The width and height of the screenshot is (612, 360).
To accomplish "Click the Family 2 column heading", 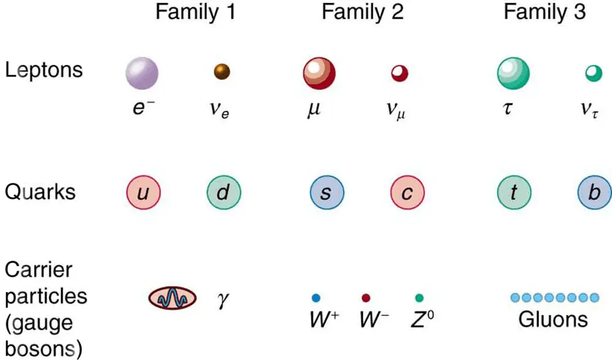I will coord(362,12).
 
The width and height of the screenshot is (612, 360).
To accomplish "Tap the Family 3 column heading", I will coord(545,12).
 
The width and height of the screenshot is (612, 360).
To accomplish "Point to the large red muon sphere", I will coord(319,73).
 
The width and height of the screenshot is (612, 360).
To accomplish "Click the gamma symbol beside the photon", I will coord(223,300).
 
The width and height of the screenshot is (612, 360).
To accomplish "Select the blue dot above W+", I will coord(316,298).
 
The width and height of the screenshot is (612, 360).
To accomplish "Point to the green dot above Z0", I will coord(419,298).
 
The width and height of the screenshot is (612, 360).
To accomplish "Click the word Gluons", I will coord(553,319).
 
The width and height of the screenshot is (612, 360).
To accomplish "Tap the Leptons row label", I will coord(43,69).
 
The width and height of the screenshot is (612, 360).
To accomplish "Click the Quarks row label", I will coord(40,192).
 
